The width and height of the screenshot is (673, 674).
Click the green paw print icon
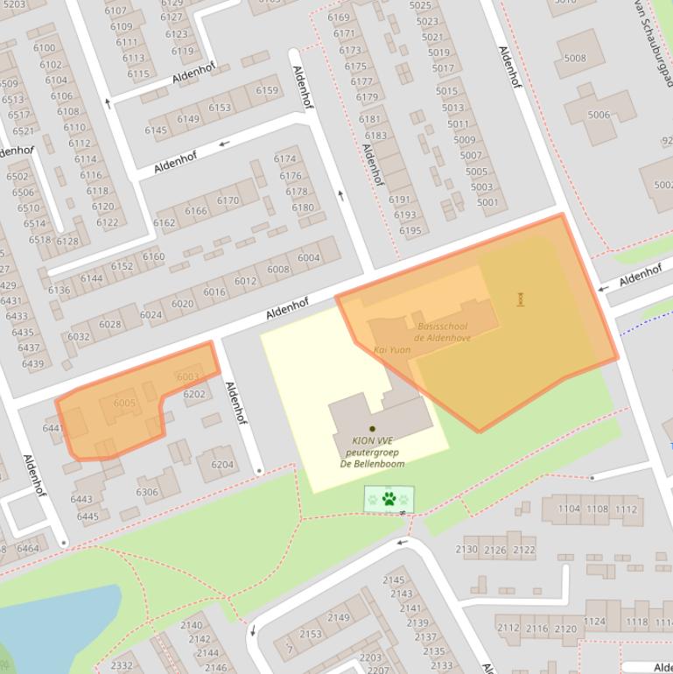point(389,500)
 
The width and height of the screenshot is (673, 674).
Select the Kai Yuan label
point(392,350)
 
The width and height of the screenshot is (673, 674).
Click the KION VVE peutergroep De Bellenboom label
point(372,452)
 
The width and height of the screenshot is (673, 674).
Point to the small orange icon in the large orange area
point(522,299)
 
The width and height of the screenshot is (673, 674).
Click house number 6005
point(125,404)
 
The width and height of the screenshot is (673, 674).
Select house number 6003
point(187,377)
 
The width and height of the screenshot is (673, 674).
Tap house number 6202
point(194,395)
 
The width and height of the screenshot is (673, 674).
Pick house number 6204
point(222,465)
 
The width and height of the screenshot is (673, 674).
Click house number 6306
point(147,493)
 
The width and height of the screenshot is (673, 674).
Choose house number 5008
point(575,59)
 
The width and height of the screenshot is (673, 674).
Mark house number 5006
point(599,115)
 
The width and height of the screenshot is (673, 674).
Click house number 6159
point(267,91)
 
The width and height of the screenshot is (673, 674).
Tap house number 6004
point(309,258)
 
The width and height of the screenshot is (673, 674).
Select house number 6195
point(410,231)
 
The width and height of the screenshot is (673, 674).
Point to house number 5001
point(487,203)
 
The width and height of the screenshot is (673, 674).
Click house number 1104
point(569,509)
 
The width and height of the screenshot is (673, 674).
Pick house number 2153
point(311,635)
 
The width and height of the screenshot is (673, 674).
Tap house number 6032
point(79,337)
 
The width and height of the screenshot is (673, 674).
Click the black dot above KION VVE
point(372,429)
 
